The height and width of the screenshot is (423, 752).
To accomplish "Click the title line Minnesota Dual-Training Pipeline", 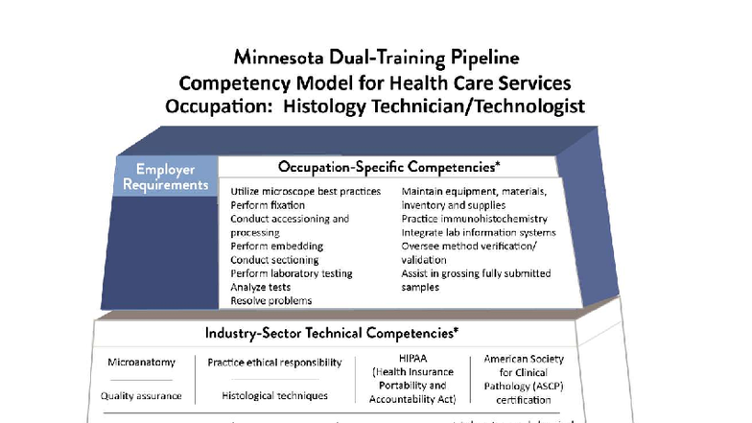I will [375, 58].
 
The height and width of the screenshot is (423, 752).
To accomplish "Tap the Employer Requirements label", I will [165, 177].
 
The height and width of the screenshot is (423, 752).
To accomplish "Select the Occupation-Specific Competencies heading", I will [388, 167].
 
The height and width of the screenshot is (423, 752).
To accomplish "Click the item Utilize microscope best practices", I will [305, 192].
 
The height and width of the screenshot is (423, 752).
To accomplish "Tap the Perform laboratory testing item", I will [292, 273].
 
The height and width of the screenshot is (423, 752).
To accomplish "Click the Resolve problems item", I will [270, 300].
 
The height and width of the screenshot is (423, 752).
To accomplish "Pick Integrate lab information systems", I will [479, 232].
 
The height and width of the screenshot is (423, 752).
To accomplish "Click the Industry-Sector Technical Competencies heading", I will [331, 333].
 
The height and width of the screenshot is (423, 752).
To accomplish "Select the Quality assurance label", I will [142, 395].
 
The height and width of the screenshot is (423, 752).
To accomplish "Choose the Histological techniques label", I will [274, 395].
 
